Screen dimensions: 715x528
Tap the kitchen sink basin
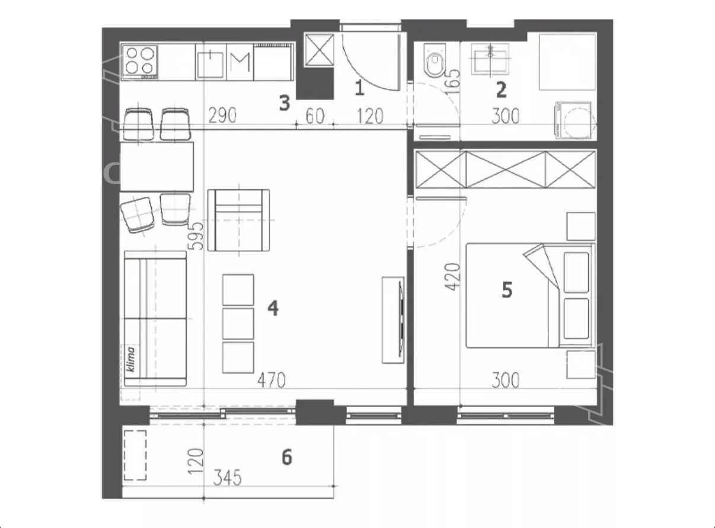tap(210, 65)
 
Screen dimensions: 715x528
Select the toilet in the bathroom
tap(435, 61)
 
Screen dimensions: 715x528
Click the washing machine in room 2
tap(573, 120)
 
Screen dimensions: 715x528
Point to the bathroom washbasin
tap(490, 59)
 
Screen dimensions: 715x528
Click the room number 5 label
tap(507, 290)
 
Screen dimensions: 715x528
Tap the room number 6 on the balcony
tap(286, 457)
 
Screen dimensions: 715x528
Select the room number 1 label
tap(359, 88)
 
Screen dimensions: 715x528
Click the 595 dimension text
tap(196, 236)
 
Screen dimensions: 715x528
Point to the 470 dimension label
tap(272, 380)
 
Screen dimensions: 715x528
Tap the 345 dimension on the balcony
tap(227, 478)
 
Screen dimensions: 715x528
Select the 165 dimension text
tap(452, 82)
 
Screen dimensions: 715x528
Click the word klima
tap(130, 359)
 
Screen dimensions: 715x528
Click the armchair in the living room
tap(238, 220)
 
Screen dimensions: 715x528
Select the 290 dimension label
tap(222, 116)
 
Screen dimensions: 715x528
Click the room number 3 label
tap(285, 103)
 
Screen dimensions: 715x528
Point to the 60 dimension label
tap(315, 116)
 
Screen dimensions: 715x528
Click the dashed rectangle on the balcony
tap(135, 455)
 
